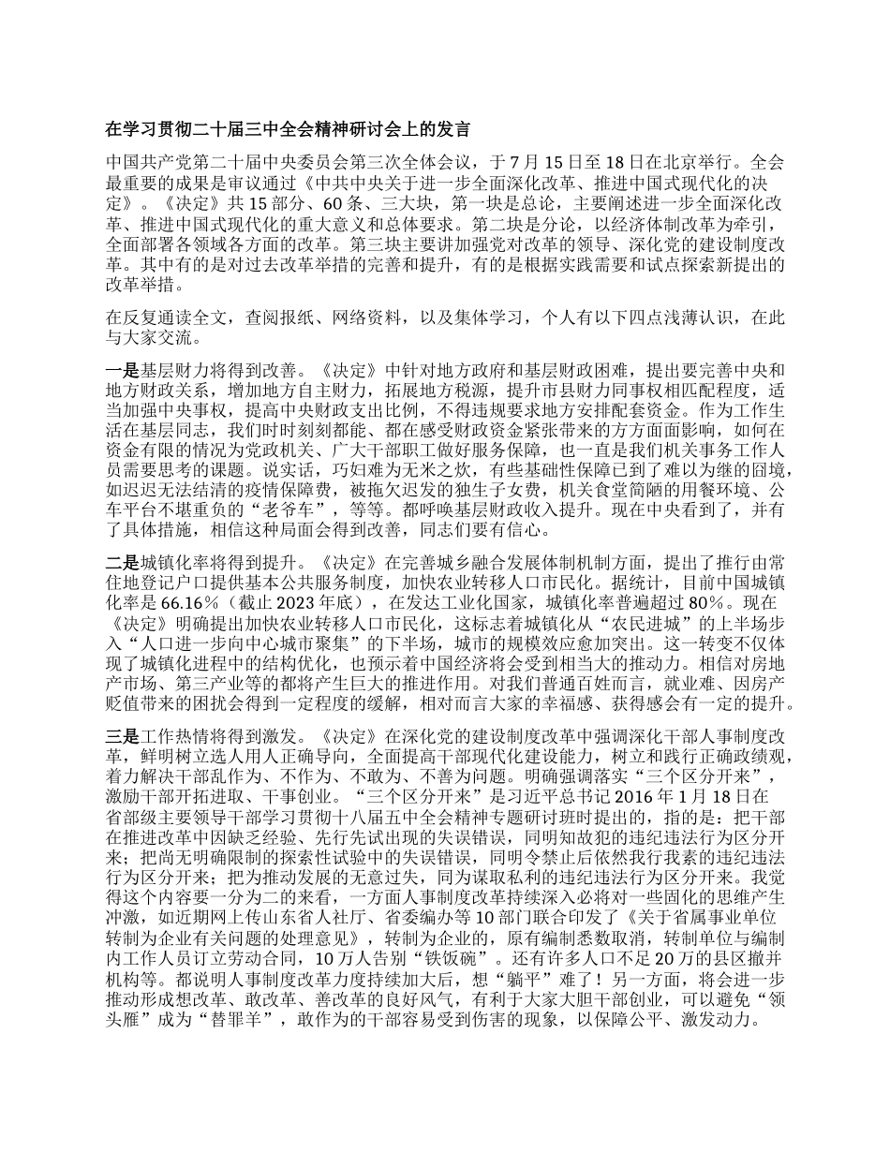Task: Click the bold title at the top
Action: (288, 128)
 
